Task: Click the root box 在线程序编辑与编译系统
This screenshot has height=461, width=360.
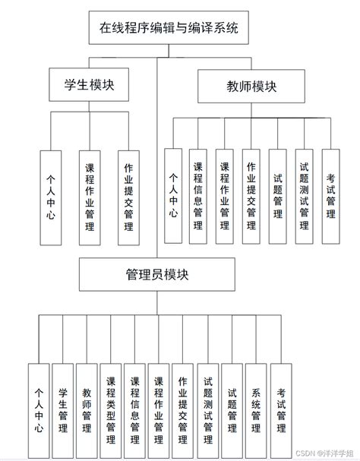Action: click(x=169, y=30)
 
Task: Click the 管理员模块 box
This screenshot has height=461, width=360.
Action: click(x=157, y=275)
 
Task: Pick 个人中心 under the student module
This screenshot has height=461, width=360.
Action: click(x=50, y=197)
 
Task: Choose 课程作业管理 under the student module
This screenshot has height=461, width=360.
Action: click(x=90, y=197)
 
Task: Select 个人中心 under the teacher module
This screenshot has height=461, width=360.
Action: click(x=173, y=196)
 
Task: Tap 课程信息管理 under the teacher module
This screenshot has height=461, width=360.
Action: click(x=198, y=196)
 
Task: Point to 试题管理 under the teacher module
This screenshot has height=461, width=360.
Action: click(x=277, y=196)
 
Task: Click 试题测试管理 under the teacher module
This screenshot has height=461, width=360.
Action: click(x=304, y=196)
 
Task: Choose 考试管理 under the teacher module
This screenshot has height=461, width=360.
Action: click(x=330, y=196)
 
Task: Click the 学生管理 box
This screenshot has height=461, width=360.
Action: click(x=62, y=410)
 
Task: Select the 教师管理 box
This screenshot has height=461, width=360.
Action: click(x=87, y=410)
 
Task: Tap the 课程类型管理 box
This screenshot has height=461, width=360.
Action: click(x=111, y=410)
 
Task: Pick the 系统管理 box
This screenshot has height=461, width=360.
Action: click(x=256, y=410)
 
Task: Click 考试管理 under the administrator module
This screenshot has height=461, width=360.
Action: click(x=281, y=410)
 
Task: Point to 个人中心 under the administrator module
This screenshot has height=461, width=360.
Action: click(x=39, y=410)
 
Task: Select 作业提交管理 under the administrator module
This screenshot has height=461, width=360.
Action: click(x=183, y=410)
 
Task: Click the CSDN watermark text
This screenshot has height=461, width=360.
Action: click(x=324, y=453)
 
